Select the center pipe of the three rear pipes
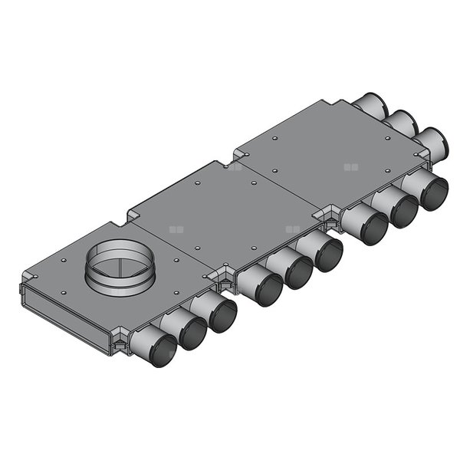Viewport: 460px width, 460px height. (399, 123)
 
